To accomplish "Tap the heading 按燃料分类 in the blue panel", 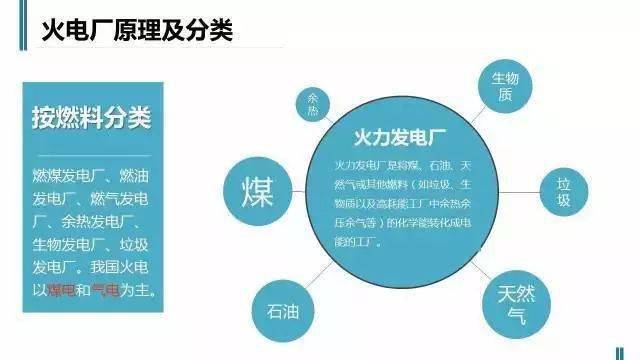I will pos(89,118).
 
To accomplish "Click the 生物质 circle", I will pos(501,85).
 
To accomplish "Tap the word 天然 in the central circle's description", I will pos(477,162).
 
